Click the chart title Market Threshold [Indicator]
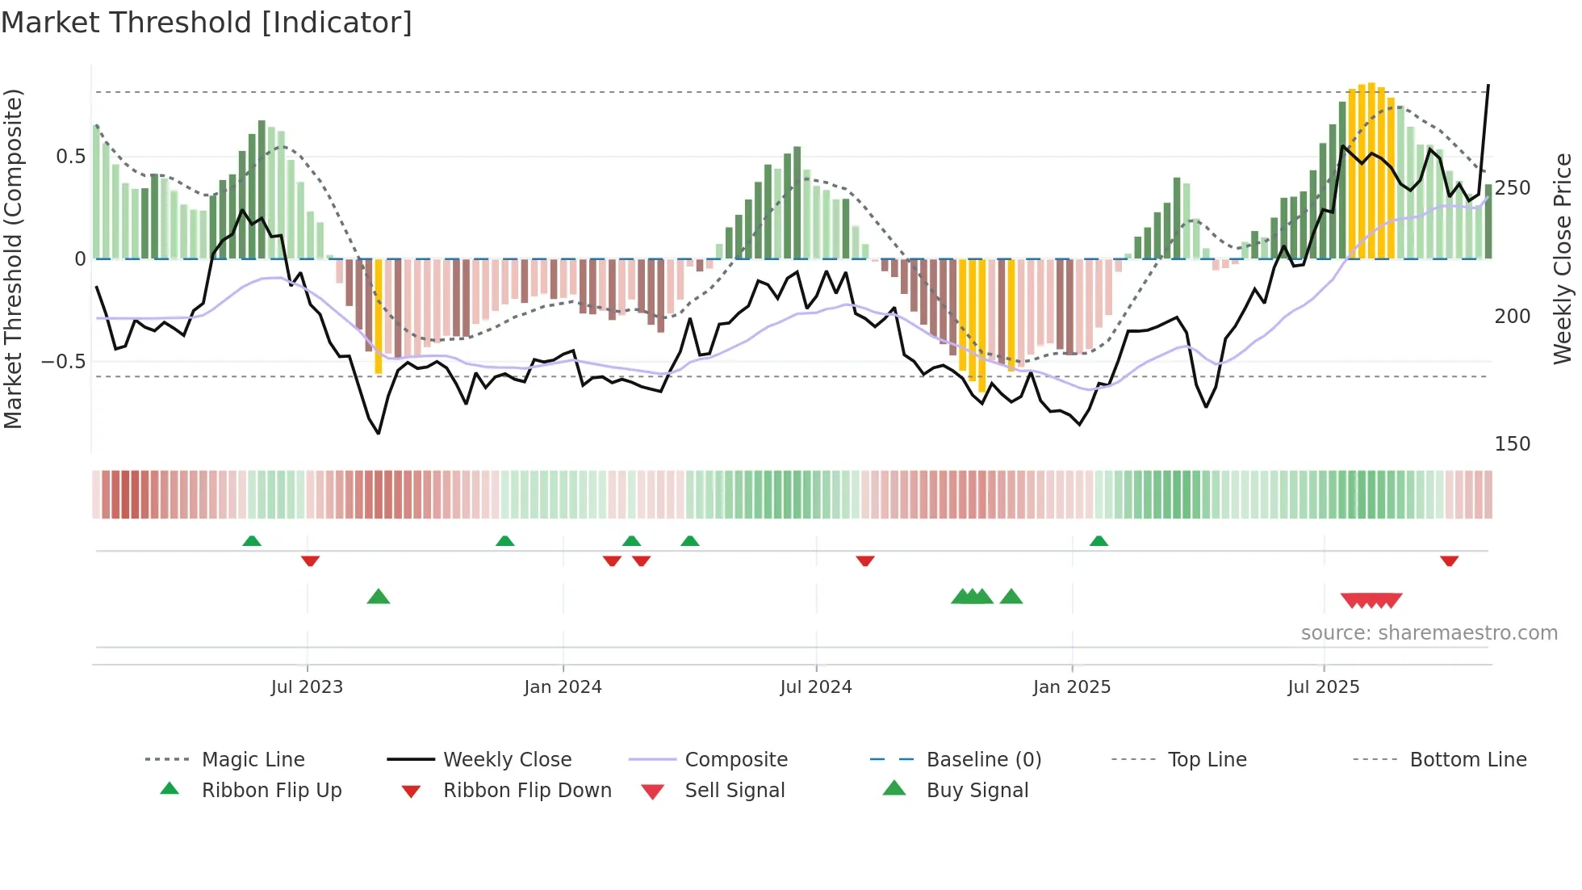coord(207,23)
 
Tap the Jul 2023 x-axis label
coord(307,687)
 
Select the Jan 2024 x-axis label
coord(563,687)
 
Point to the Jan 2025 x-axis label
coord(1072,687)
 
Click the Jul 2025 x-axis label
coord(1324,687)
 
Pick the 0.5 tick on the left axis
coord(71,157)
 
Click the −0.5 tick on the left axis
coord(64,361)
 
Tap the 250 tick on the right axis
coord(1513,188)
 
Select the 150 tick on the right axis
coord(1513,444)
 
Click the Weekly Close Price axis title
coord(1563,258)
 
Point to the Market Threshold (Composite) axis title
coord(13,258)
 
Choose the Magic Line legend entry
coord(253,760)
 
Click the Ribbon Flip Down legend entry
coord(527,791)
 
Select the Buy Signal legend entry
coord(977,791)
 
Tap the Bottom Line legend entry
coord(1467,760)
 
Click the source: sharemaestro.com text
coord(1429,633)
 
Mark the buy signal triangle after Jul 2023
coord(379,598)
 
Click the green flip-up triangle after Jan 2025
coord(1099,541)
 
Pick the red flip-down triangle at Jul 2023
coord(310,560)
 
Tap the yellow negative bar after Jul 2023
coord(379,317)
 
